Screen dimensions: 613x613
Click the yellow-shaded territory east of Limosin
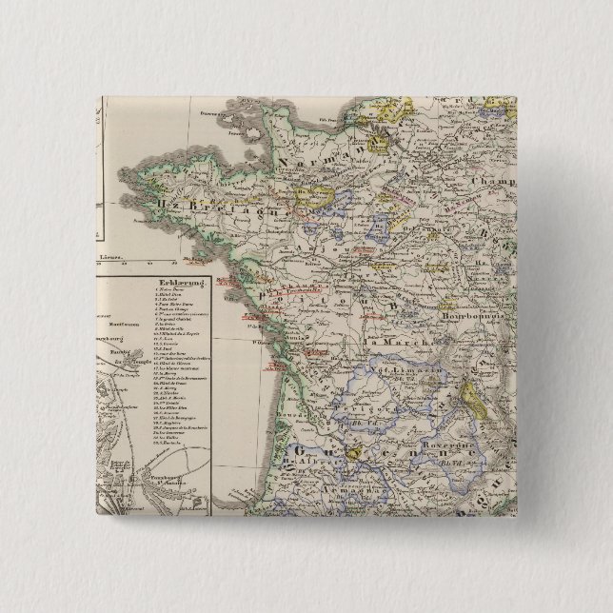coord(476,391)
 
